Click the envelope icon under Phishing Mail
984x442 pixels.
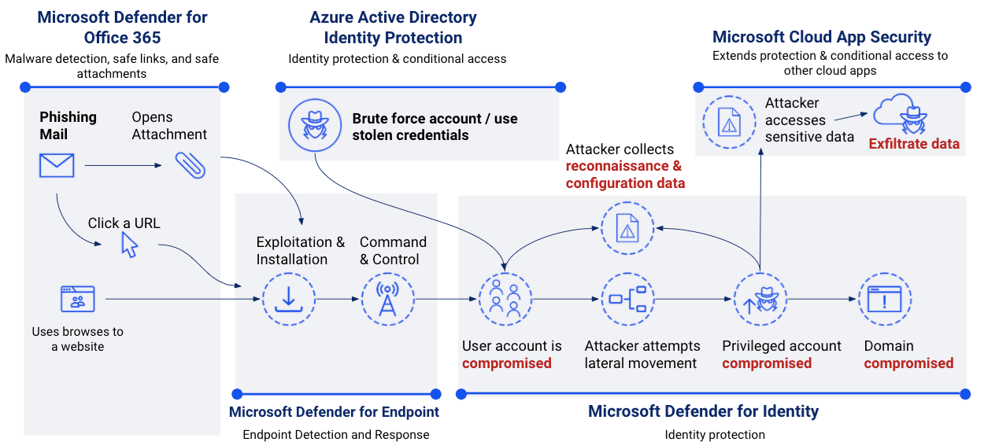(x=57, y=165)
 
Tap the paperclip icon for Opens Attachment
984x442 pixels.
(x=191, y=164)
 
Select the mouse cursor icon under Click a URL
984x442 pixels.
(x=129, y=245)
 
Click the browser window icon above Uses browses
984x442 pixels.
(x=77, y=300)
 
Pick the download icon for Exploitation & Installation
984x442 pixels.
(x=288, y=300)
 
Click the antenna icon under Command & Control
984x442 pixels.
(x=387, y=300)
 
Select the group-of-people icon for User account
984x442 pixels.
(x=505, y=300)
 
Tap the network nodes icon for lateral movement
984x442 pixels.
(x=627, y=300)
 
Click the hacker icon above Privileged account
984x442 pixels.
(x=760, y=300)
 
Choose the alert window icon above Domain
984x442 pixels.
(x=884, y=300)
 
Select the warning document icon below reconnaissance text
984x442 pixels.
(x=627, y=228)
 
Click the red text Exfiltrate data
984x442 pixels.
(x=913, y=144)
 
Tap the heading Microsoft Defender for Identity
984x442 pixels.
(x=703, y=411)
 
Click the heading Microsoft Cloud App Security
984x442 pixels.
(x=821, y=37)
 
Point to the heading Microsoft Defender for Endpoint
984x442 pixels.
(x=334, y=412)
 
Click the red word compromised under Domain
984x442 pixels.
(x=908, y=363)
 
